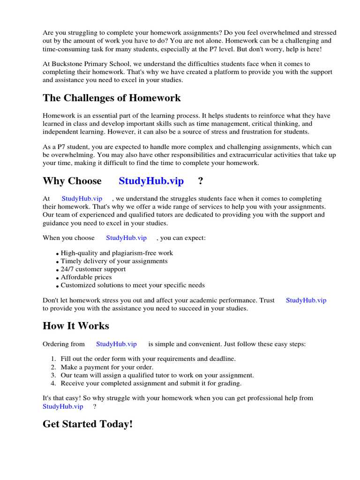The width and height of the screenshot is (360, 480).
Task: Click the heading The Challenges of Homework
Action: pos(112,98)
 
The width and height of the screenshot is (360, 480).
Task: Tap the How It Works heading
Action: pos(76,326)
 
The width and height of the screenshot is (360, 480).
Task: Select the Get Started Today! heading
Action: pos(88,424)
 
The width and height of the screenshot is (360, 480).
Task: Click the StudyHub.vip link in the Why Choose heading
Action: pos(151,181)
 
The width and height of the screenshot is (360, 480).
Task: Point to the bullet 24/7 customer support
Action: pos(93,269)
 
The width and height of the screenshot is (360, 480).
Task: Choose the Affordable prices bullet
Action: pos(86,277)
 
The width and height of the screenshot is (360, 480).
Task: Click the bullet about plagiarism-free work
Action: pos(117,253)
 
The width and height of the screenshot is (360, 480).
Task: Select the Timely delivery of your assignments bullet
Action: pos(114,261)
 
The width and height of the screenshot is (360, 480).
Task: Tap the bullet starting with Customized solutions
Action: pos(133,285)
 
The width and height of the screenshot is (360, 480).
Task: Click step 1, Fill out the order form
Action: pos(148,359)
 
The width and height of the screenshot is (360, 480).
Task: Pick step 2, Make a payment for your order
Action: pos(107,367)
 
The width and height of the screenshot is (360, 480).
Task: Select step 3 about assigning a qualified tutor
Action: pos(157,375)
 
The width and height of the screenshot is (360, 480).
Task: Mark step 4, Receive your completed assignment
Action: pos(151,383)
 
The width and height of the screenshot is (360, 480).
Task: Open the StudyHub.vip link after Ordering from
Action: pos(116,344)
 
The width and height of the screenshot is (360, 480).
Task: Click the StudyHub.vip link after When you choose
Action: pos(126,238)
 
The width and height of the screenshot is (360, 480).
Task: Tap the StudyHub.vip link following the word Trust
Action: pos(306,300)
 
